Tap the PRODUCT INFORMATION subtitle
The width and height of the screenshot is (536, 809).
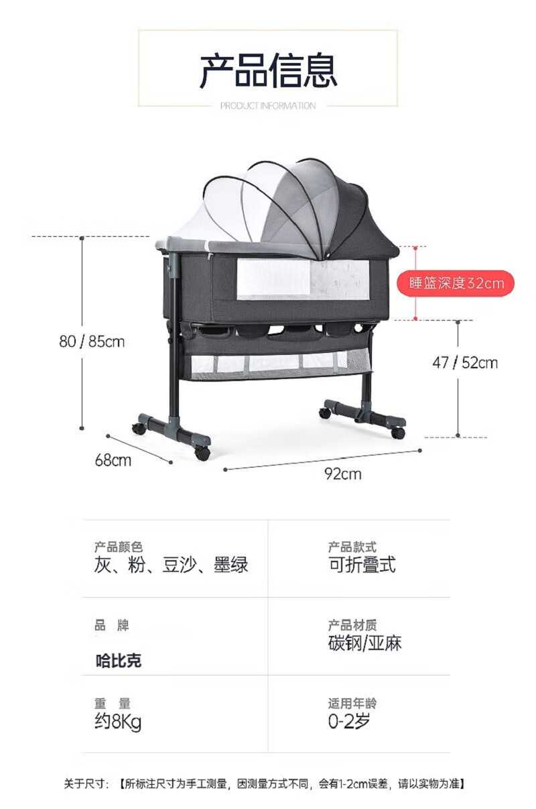(x=268, y=106)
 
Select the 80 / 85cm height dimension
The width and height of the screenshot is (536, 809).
(x=92, y=341)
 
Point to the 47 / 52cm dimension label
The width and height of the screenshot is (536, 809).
(x=465, y=363)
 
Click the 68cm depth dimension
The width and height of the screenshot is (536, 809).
(x=113, y=460)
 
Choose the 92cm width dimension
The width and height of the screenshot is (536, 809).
(x=342, y=474)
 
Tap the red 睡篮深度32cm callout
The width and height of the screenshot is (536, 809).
(x=456, y=283)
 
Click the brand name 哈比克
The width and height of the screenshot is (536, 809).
(x=119, y=661)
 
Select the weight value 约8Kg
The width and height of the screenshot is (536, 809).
(x=118, y=722)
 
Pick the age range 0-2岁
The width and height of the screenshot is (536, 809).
(x=349, y=722)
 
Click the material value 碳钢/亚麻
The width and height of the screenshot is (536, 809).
(x=364, y=643)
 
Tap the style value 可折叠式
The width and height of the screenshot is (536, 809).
(x=362, y=565)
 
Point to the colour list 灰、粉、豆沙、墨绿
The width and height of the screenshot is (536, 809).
(x=172, y=565)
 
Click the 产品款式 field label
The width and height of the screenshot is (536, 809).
(x=352, y=547)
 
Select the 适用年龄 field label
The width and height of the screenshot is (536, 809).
(x=352, y=704)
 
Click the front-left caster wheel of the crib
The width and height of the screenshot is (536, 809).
(x=202, y=453)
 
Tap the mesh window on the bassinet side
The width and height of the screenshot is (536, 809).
(x=303, y=279)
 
